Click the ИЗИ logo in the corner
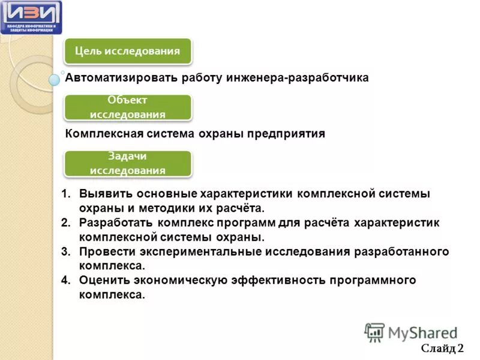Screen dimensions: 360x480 click(31, 17)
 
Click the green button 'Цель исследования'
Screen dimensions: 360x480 click(127, 52)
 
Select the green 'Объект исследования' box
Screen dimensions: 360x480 click(127, 107)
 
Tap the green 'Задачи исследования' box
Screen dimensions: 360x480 click(127, 163)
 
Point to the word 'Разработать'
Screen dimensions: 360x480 click(114, 223)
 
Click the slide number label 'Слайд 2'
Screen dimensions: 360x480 click(442, 349)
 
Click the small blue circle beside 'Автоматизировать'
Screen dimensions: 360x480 click(55, 79)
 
